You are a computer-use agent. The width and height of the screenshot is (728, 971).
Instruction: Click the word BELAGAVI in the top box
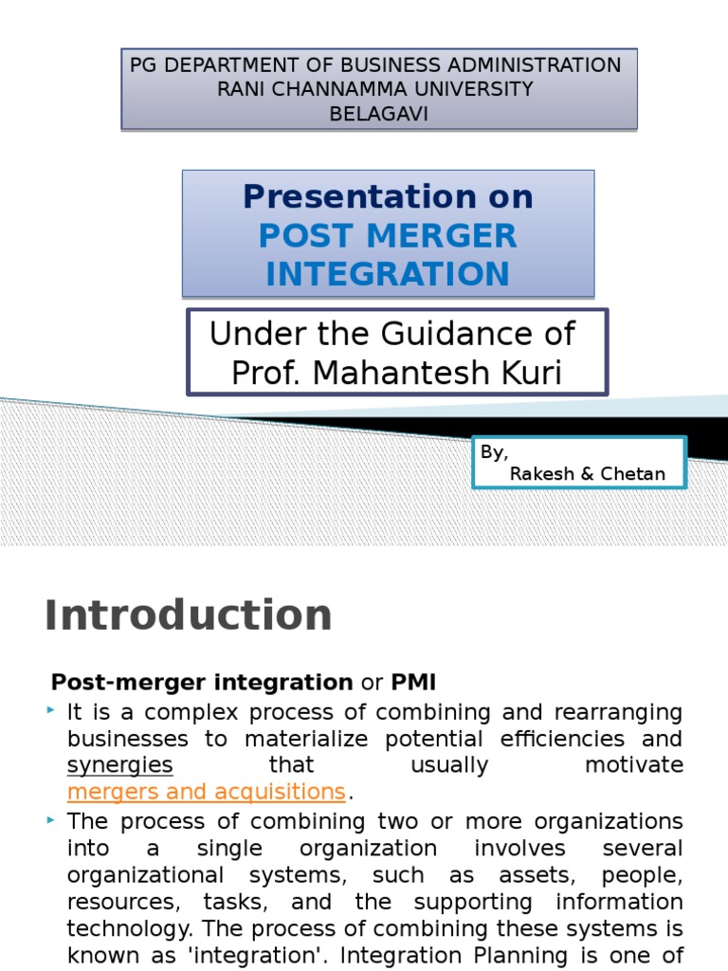(x=379, y=113)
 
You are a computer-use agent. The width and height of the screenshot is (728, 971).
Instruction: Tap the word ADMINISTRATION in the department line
(x=531, y=65)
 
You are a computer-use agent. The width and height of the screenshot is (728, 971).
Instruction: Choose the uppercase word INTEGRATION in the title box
(x=388, y=274)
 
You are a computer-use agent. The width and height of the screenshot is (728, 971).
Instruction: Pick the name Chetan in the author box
(x=631, y=473)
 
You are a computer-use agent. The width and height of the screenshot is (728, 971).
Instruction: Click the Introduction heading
(x=188, y=614)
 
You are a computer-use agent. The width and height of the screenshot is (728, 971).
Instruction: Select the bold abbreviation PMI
(x=413, y=682)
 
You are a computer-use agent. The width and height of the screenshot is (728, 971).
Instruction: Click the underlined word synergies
(x=119, y=765)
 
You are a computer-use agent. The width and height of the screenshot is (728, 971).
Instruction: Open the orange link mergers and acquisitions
(x=206, y=792)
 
